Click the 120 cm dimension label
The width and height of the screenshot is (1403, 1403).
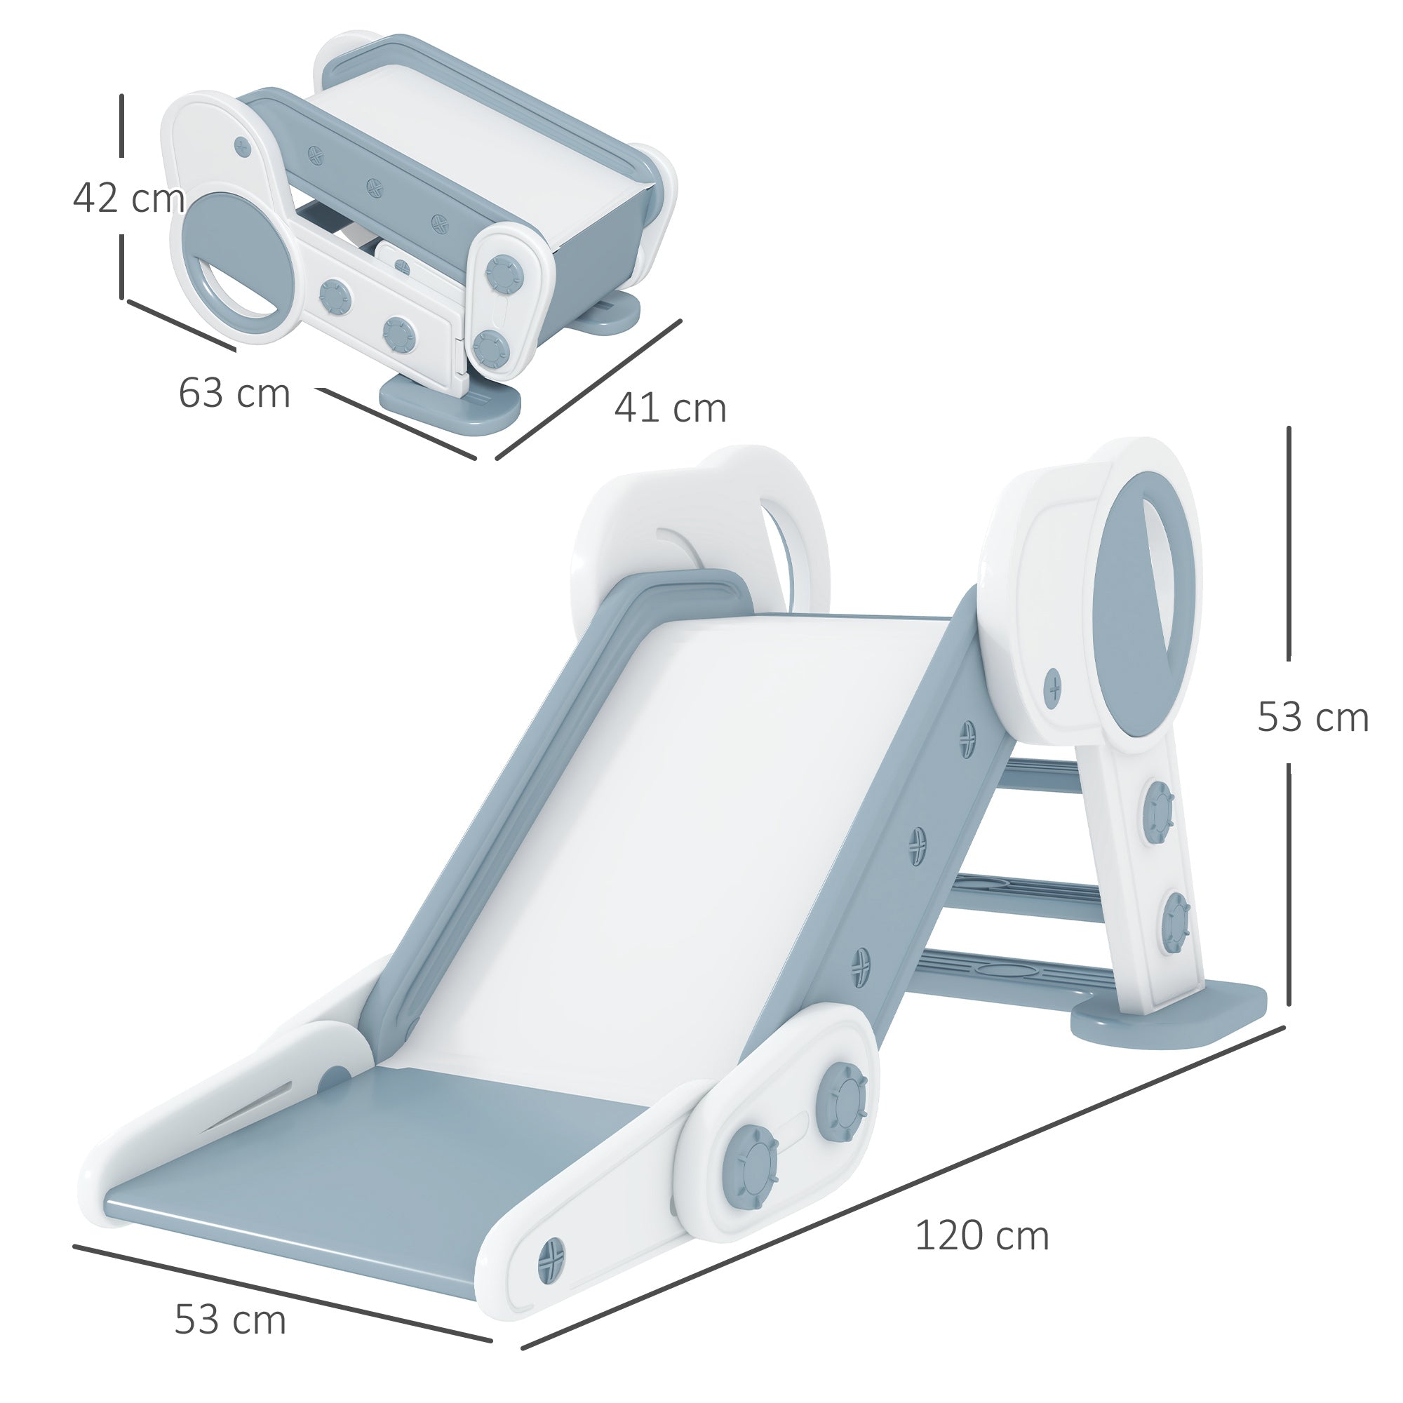point(981,1236)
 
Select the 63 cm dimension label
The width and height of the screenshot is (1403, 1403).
point(234,394)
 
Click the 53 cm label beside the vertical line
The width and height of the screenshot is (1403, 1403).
point(1313,717)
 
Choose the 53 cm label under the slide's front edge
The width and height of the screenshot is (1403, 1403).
point(230,1320)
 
